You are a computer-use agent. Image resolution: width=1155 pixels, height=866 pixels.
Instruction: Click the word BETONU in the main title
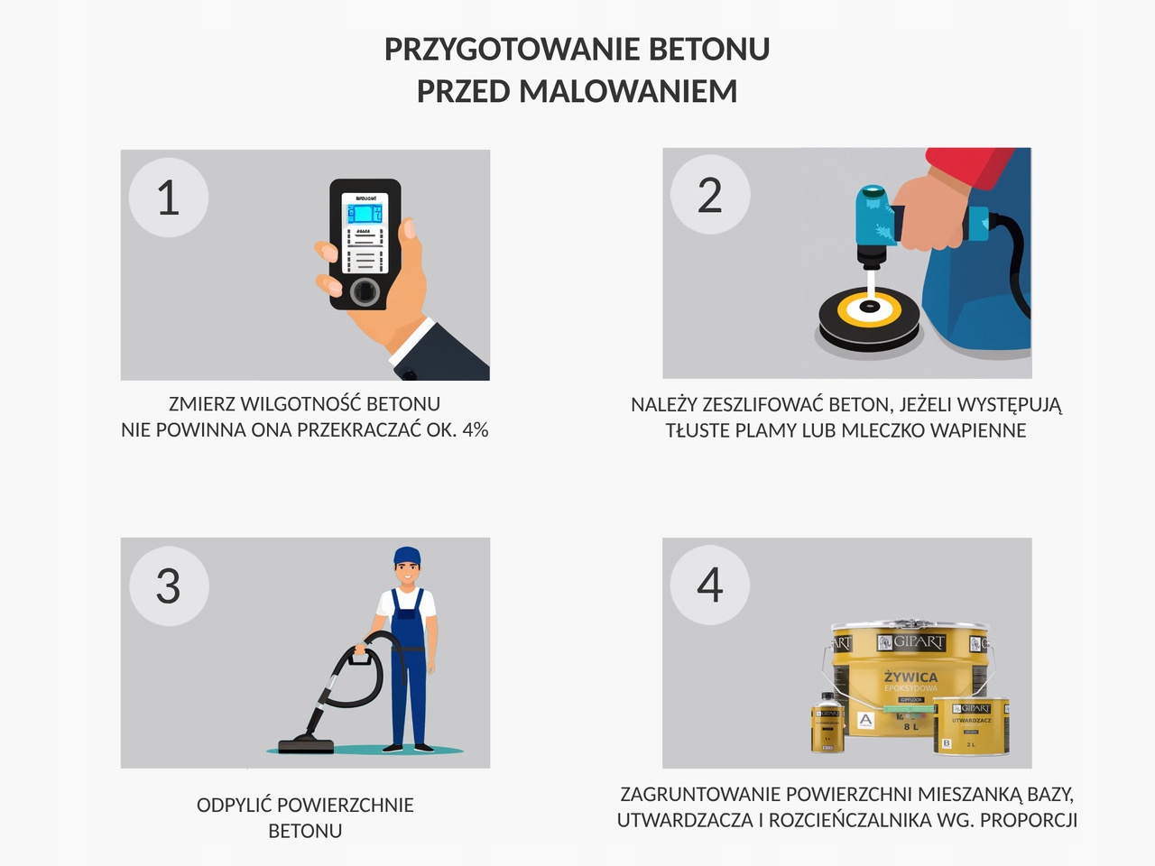click(709, 49)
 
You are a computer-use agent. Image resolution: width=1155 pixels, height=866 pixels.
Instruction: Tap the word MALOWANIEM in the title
click(628, 91)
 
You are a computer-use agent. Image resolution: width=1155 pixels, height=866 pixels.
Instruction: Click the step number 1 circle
click(169, 198)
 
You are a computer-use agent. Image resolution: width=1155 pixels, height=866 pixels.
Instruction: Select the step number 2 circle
click(710, 195)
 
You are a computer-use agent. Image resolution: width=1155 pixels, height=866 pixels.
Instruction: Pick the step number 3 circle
click(169, 586)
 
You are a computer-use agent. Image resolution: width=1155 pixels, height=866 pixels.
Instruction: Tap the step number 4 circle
click(710, 585)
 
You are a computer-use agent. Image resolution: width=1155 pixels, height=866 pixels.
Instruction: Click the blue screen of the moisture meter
click(365, 214)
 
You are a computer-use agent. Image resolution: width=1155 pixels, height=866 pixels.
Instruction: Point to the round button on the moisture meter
click(365, 290)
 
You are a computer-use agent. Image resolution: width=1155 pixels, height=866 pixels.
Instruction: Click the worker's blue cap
click(407, 556)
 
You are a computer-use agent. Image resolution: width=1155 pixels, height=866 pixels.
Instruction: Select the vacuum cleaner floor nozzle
click(306, 745)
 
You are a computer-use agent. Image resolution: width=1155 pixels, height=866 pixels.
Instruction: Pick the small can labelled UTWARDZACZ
click(971, 726)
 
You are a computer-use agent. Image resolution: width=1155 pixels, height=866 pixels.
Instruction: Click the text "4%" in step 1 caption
click(475, 429)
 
